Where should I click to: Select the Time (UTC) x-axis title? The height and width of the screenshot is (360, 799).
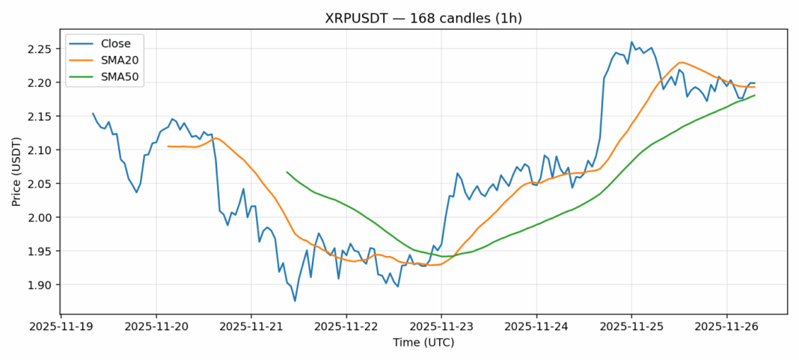(423, 343)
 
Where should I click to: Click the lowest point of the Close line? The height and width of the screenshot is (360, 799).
(295, 301)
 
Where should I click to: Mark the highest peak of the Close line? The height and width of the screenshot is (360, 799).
(631, 42)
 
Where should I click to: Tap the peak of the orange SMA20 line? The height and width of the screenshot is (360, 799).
(680, 62)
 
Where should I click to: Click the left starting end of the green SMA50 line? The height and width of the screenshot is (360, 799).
(287, 171)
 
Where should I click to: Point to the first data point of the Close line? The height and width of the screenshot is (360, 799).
(93, 114)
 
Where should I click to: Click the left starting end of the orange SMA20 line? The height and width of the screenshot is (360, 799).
(168, 146)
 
